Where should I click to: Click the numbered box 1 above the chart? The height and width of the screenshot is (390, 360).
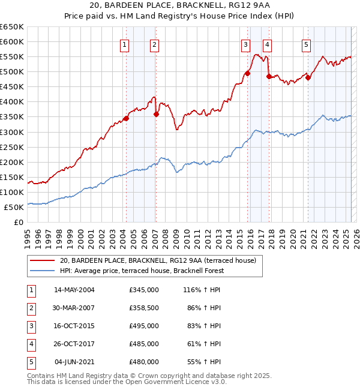(124, 44)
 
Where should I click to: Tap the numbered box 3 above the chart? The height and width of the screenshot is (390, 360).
(246, 44)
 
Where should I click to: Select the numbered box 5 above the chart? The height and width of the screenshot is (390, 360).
(306, 44)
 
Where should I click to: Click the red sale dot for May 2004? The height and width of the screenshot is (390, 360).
(126, 118)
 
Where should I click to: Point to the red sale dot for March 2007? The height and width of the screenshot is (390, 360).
(156, 114)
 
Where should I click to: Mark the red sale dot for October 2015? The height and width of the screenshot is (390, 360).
(247, 73)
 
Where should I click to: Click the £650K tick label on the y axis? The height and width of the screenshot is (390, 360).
(12, 27)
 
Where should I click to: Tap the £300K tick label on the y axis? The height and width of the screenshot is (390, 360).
(12, 132)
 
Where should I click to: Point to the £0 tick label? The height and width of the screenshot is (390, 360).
(19, 222)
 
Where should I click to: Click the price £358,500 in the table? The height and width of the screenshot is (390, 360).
(144, 308)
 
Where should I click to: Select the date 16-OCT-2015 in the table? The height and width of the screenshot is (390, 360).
(74, 326)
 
